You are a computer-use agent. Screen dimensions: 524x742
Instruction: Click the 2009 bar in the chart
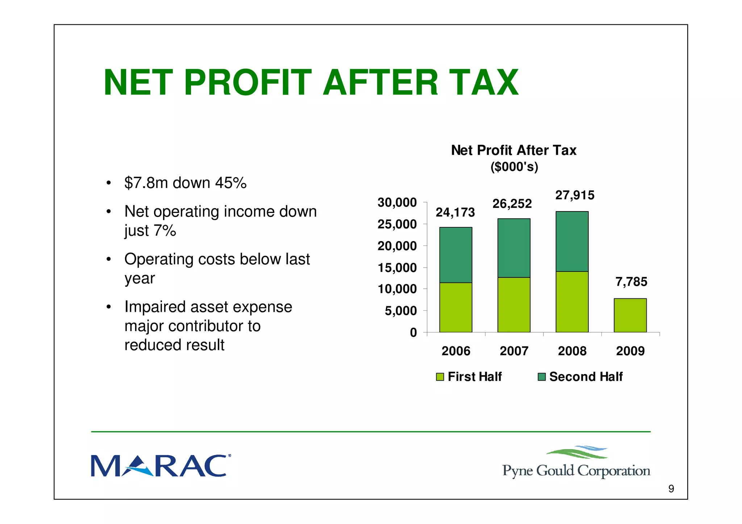coord(630,315)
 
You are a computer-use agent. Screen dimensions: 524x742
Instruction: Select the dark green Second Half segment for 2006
coord(455,255)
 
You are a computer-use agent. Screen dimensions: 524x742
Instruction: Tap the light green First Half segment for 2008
coord(572,302)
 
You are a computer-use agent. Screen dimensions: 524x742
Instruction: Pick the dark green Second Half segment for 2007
coord(514,248)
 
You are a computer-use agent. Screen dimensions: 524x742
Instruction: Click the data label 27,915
coord(575,195)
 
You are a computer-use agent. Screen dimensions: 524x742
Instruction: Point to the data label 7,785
coord(631,282)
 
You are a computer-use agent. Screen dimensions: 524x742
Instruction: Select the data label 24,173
coord(455,212)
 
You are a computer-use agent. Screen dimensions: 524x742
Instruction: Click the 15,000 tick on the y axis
coord(397,268)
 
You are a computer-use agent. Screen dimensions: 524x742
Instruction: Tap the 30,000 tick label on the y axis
coord(397,202)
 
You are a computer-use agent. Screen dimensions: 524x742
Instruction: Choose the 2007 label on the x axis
coord(514,351)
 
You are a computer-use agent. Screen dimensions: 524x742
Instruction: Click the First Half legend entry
coord(474,377)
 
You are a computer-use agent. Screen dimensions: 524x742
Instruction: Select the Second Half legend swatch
coord(542,377)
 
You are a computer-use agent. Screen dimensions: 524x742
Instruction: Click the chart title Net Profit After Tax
coord(513,150)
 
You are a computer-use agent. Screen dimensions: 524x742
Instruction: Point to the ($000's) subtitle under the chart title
coord(514,167)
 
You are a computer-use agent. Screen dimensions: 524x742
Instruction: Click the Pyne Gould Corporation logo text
coord(576,471)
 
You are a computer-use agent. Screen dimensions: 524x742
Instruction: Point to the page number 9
coord(671,489)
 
